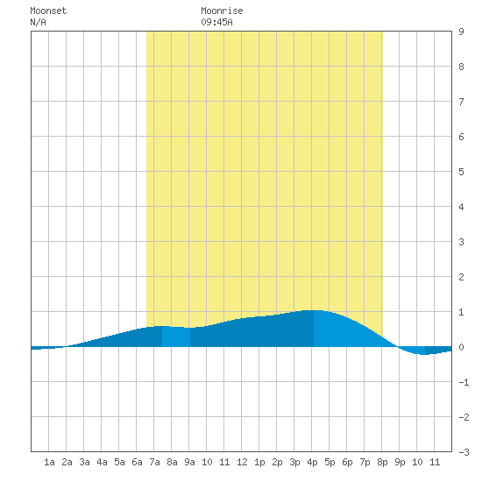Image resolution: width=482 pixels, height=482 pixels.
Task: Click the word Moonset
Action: [48, 11]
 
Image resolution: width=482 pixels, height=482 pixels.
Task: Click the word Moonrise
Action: [222, 11]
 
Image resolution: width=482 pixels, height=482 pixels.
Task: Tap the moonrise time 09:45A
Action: [216, 22]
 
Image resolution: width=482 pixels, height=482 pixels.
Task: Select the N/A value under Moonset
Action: [38, 22]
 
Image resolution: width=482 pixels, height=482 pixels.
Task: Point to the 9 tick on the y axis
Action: [461, 32]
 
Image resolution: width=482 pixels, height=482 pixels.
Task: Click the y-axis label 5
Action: [461, 172]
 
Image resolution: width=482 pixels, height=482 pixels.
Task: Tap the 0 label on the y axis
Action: [461, 347]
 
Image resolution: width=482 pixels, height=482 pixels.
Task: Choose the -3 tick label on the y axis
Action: [464, 452]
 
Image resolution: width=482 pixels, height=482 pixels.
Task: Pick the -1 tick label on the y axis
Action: [464, 382]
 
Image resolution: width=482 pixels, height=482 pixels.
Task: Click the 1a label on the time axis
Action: [49, 462]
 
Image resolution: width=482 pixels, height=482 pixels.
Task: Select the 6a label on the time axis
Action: [137, 462]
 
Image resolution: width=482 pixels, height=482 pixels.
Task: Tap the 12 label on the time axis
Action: [242, 462]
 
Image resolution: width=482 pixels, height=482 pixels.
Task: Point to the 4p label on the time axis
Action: [312, 462]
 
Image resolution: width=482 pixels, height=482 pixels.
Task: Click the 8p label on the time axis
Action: [382, 462]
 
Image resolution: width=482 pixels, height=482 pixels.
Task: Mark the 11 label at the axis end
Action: [435, 462]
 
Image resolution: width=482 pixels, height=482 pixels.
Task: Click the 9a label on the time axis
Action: [189, 462]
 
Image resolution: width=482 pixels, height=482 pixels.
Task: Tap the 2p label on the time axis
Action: [277, 462]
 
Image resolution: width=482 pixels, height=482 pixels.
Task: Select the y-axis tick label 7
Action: [461, 102]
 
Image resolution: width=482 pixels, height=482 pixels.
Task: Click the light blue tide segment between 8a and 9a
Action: [176, 337]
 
